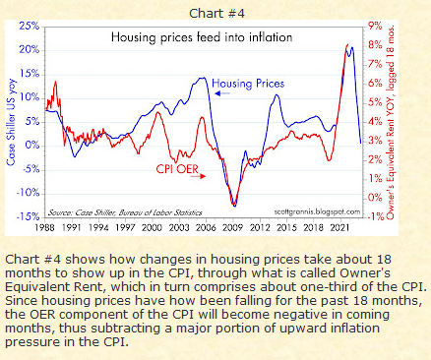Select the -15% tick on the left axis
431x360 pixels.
(28, 215)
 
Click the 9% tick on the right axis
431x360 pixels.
(374, 26)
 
